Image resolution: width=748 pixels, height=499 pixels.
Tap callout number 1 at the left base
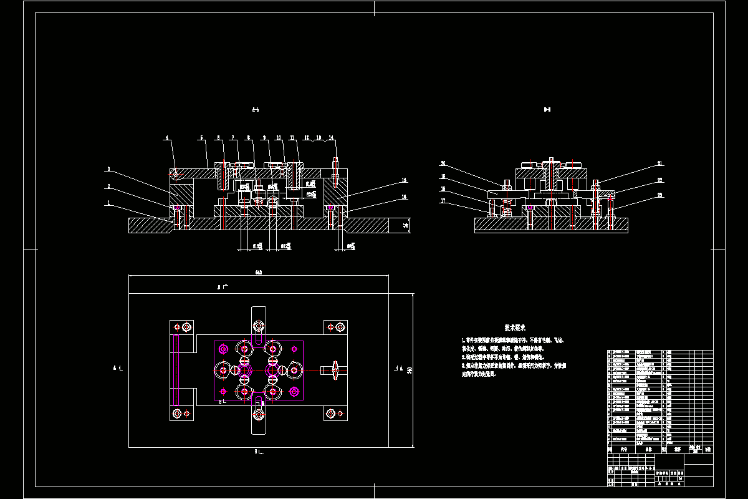(x=108, y=202)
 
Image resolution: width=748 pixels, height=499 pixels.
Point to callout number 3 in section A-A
(x=108, y=169)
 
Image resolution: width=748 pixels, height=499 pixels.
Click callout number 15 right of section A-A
(x=404, y=180)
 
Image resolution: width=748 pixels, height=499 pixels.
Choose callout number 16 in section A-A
(x=404, y=196)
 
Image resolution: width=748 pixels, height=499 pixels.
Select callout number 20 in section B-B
(x=443, y=163)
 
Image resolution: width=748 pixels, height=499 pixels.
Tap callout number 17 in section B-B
(x=443, y=201)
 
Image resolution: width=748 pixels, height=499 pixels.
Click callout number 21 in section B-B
(x=659, y=164)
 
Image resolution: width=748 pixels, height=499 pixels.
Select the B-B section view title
(x=547, y=110)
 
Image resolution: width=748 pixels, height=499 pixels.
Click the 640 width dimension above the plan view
(x=258, y=272)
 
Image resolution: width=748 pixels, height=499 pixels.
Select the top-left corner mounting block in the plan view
(x=183, y=327)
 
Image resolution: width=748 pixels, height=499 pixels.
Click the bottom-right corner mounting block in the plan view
(x=335, y=414)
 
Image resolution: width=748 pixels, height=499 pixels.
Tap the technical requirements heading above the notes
(x=515, y=327)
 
